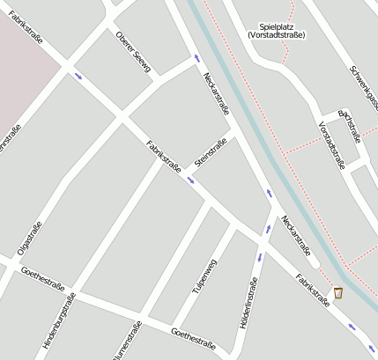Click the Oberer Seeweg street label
point(133,49)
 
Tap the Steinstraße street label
point(211,151)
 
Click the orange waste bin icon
point(337,292)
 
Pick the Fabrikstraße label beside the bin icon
point(313,289)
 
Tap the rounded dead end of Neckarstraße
point(315,263)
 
